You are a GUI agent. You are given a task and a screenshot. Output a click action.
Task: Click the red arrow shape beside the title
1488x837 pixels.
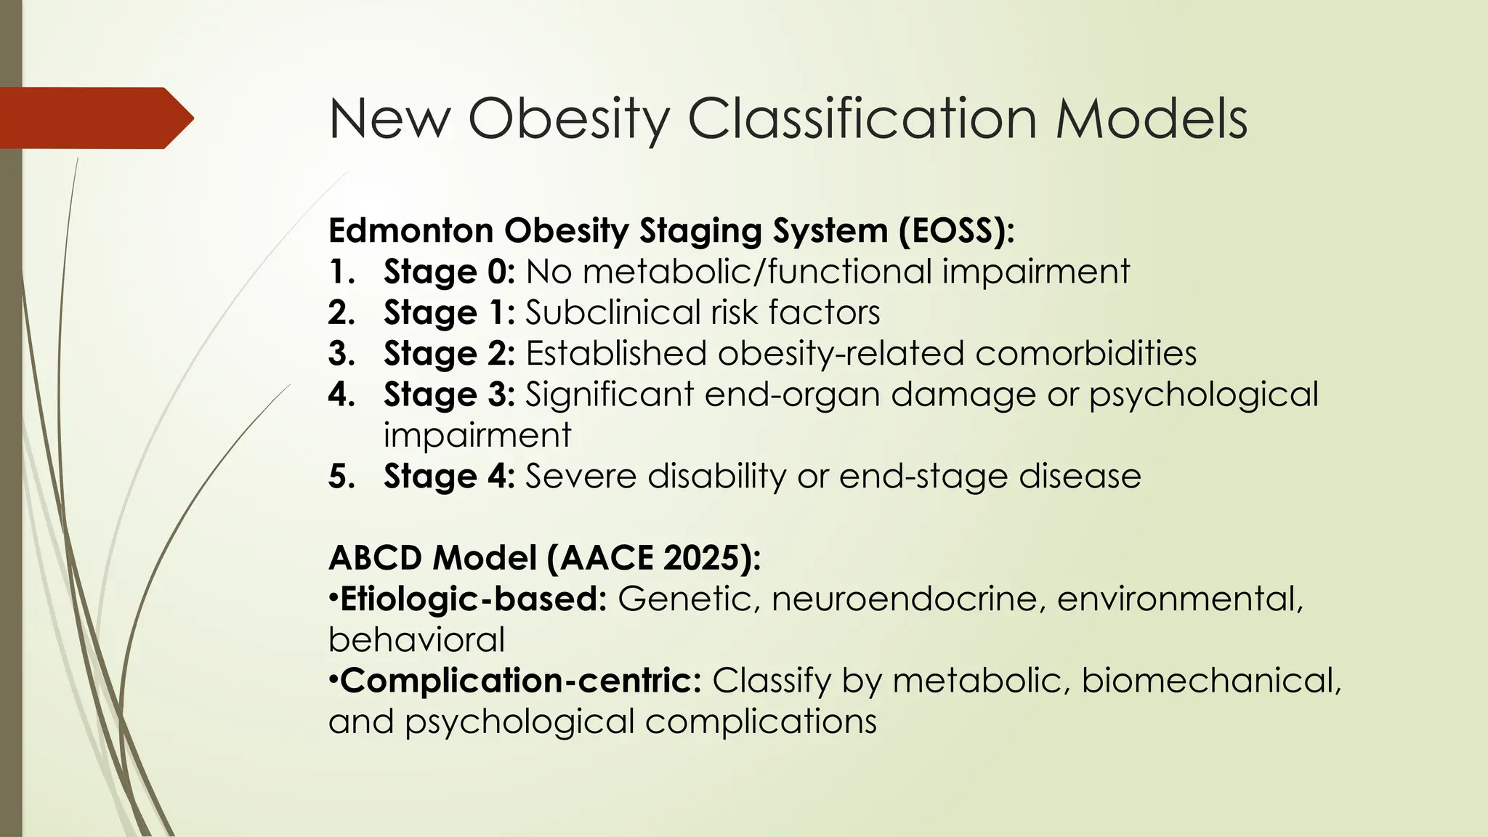coord(94,118)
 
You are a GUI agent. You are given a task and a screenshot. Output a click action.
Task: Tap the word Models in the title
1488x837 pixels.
coord(1152,118)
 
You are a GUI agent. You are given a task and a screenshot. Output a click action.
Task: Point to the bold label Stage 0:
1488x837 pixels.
coord(449,272)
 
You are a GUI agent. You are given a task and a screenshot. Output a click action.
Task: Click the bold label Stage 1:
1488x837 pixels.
coord(449,312)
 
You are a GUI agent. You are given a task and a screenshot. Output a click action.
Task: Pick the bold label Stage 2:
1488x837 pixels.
coord(449,354)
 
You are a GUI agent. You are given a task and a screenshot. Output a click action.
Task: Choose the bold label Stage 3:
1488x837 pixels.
coord(449,395)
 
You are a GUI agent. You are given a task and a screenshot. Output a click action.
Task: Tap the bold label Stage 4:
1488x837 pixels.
coord(449,477)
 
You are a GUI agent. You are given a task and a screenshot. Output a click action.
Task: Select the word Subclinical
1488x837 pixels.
coord(612,312)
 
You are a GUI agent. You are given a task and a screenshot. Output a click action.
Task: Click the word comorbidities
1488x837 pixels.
coord(1085,354)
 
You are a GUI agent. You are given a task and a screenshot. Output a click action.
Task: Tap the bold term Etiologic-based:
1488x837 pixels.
coord(473,599)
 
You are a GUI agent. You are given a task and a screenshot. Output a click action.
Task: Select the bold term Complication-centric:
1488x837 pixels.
coord(520,681)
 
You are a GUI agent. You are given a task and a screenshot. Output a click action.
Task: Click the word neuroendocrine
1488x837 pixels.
coord(909,599)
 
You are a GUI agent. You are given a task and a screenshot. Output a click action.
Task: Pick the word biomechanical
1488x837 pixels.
coord(1210,681)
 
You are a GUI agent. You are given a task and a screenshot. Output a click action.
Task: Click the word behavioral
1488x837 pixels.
coord(416,640)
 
